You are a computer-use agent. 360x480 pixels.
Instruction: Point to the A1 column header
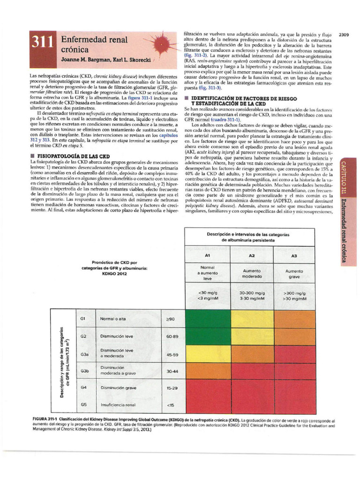pos(208,255)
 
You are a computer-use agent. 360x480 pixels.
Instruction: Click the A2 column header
pos(252,255)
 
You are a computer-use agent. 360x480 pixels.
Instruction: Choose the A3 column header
pos(294,255)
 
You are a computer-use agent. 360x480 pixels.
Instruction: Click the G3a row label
pos(85,354)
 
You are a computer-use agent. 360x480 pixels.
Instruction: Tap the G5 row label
pos(84,404)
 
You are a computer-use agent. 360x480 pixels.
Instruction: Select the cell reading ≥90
pos(170,319)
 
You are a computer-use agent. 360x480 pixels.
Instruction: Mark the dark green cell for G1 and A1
pos(208,319)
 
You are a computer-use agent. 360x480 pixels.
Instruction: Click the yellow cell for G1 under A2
pos(252,319)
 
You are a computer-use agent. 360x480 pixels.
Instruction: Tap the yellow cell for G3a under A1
pos(208,354)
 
